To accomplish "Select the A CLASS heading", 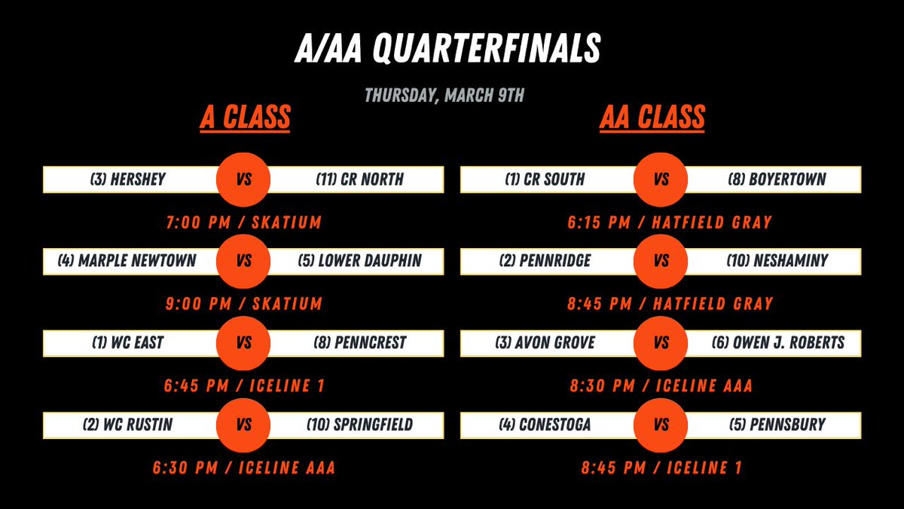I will [245, 118].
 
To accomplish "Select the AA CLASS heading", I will [652, 118].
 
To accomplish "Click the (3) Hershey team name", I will [127, 179].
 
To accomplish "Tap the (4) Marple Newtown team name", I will [127, 261].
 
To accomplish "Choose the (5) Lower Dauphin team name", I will [359, 261].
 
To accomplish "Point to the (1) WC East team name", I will [127, 343].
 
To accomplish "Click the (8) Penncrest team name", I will [359, 343].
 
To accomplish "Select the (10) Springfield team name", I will [359, 425].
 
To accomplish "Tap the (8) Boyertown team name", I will [777, 179].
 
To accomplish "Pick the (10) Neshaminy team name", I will [777, 261].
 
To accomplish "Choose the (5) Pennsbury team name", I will [777, 425].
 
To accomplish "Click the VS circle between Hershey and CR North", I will [243, 179].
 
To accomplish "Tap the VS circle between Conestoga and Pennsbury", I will [661, 425].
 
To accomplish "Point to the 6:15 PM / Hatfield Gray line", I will [670, 222].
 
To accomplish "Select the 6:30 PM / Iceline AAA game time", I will [243, 468].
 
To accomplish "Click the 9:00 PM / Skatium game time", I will [243, 304].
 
